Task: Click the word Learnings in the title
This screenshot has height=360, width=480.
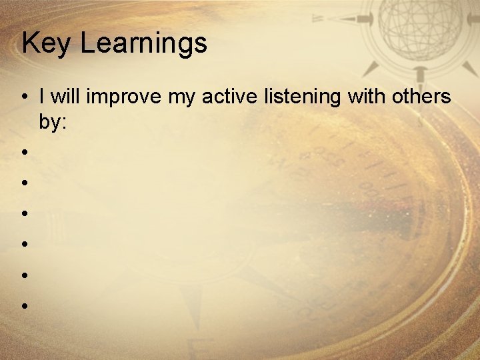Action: tap(144, 44)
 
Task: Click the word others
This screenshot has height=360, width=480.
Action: tap(422, 97)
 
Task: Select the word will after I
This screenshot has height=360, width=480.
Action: tap(65, 97)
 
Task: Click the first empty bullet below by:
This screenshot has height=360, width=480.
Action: tap(23, 151)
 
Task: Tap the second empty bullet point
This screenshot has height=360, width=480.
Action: tap(23, 182)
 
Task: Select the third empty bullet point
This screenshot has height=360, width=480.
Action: tap(23, 213)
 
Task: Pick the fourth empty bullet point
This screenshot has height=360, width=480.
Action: tap(23, 244)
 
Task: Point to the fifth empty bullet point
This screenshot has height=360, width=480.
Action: tap(23, 275)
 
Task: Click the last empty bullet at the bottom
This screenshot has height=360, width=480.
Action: tap(23, 306)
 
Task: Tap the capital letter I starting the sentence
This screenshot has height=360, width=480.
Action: tap(42, 97)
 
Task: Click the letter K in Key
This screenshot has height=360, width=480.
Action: tap(29, 43)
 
